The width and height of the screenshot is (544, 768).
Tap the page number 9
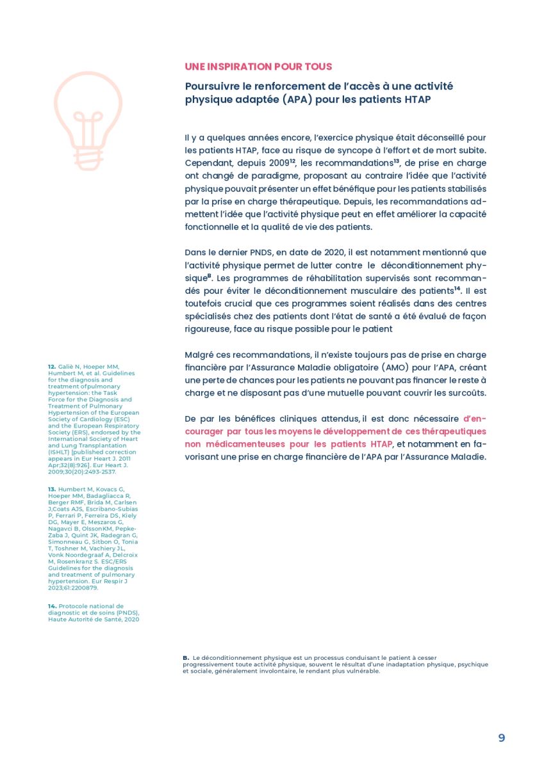[x=501, y=738]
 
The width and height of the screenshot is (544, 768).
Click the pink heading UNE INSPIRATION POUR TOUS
[x=258, y=67]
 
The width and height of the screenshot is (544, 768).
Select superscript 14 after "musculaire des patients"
[x=457, y=289]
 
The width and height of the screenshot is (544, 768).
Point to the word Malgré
[x=199, y=355]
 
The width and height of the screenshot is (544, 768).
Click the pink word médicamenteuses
[x=240, y=444]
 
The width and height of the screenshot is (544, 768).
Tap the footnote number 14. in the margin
[x=52, y=605]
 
